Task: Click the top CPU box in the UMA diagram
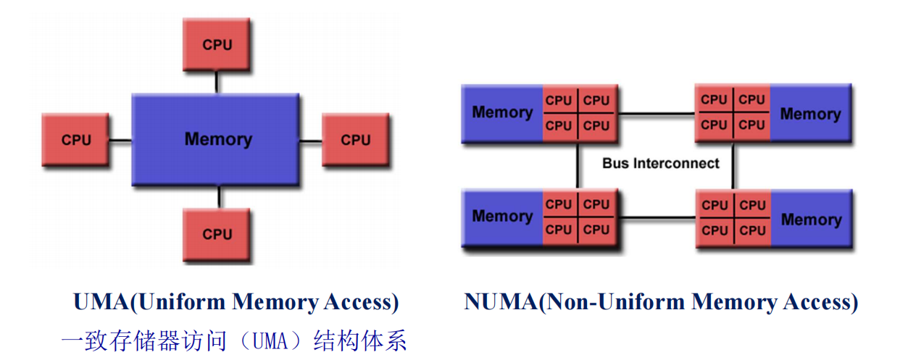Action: click(x=217, y=44)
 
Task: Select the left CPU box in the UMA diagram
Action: click(x=76, y=139)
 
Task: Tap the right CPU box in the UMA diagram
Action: click(x=355, y=139)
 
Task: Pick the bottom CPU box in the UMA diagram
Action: click(x=217, y=234)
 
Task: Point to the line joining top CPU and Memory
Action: click(x=217, y=82)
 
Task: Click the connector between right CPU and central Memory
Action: click(x=311, y=140)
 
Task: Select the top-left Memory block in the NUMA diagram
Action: click(x=501, y=112)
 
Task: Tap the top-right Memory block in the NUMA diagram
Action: click(x=809, y=114)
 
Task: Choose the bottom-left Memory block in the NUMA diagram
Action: click(x=501, y=216)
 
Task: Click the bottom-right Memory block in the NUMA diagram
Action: click(x=810, y=219)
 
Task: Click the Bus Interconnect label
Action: click(x=660, y=163)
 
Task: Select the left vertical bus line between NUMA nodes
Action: click(x=578, y=165)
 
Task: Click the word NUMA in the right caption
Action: click(x=501, y=302)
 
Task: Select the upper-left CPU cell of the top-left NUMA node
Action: click(x=559, y=101)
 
